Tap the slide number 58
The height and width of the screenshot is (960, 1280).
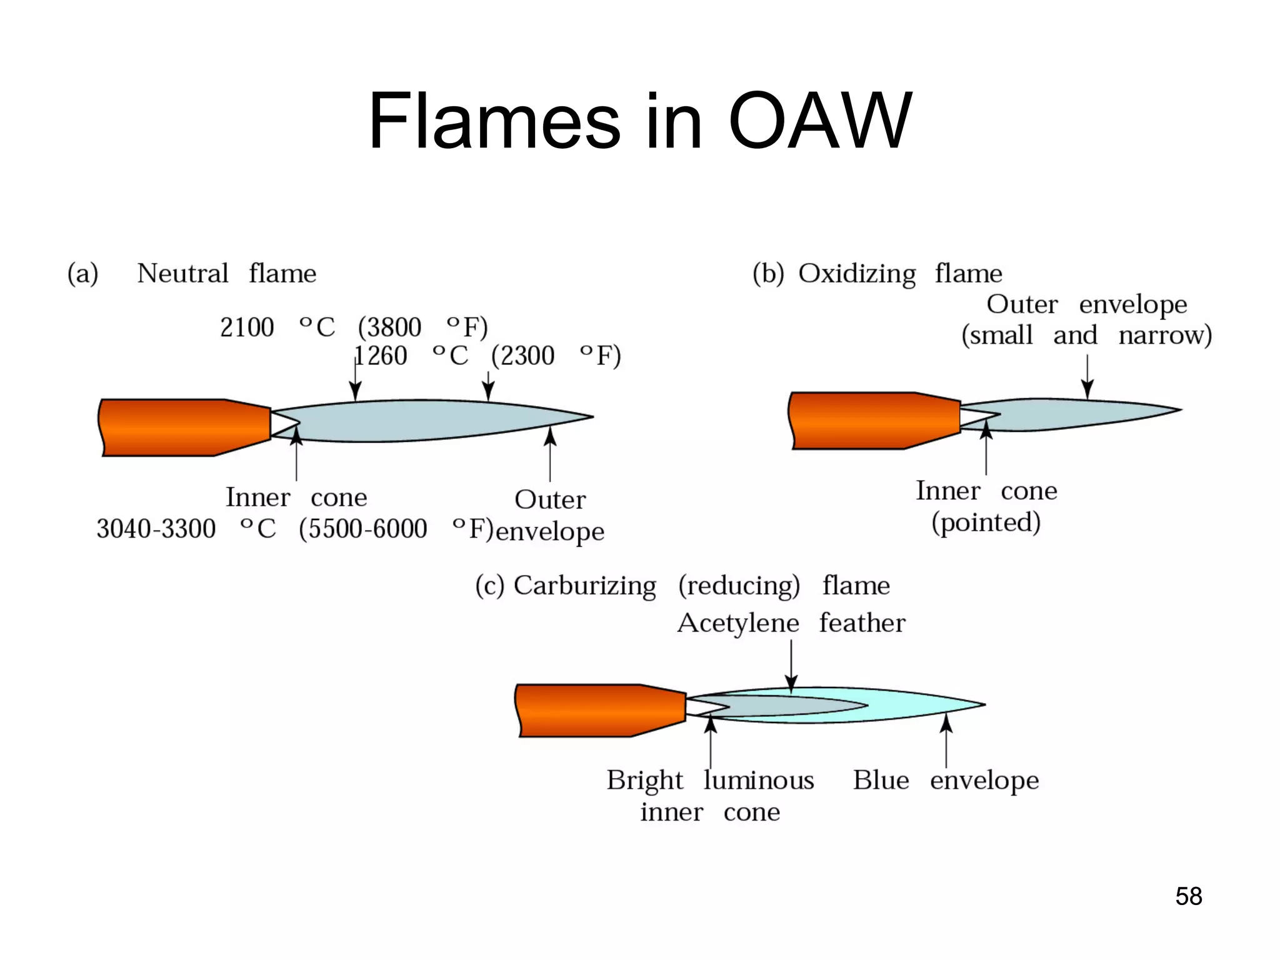(1188, 896)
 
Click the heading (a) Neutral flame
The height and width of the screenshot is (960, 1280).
(192, 274)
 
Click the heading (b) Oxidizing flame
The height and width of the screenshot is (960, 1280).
(877, 274)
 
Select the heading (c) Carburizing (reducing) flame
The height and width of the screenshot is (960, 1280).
(682, 586)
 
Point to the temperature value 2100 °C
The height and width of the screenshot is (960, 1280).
(277, 327)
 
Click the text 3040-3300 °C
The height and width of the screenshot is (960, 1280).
(186, 529)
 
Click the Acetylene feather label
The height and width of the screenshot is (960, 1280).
(791, 623)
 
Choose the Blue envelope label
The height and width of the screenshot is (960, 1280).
(946, 780)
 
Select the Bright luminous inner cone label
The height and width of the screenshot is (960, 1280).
(710, 796)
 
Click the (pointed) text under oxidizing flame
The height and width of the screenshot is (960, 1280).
(986, 522)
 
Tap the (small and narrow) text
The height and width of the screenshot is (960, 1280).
(1086, 335)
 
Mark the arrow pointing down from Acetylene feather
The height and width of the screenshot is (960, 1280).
(791, 667)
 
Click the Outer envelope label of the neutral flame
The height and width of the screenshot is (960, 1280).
(550, 516)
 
